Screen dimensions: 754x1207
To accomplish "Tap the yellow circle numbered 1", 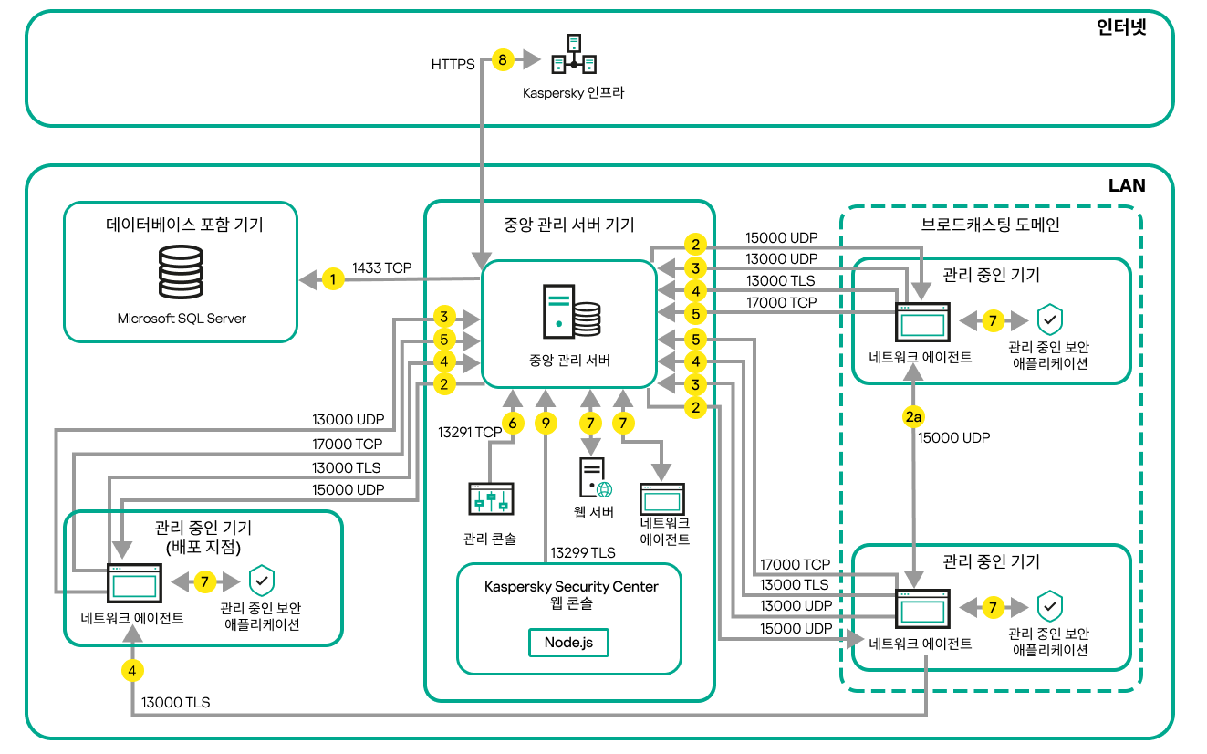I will point(334,279).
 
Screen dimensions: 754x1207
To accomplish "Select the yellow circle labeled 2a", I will point(913,417).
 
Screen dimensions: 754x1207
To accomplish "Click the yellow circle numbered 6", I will point(513,423).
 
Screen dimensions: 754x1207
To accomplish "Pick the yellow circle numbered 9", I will point(546,423).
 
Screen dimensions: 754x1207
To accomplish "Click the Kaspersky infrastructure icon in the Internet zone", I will point(573,55).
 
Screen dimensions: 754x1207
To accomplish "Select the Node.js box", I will point(568,642).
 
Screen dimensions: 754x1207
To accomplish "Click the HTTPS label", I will point(453,65).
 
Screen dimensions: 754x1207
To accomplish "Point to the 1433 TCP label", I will point(382,268).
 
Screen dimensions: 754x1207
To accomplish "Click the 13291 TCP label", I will point(470,432).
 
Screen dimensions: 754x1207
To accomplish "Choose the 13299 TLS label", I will point(582,552).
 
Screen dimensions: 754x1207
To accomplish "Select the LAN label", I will point(1127,185).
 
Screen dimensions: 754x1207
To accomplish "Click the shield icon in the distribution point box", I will point(262,581).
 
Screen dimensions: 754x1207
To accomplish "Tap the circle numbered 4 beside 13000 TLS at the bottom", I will point(132,671).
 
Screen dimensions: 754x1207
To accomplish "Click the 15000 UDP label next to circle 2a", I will point(954,438).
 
